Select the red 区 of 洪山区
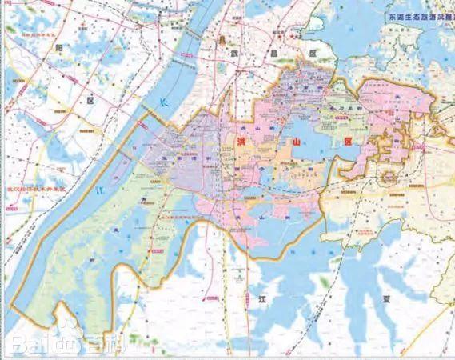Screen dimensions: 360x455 click(x=346, y=140)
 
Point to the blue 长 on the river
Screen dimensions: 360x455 click(x=164, y=105)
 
